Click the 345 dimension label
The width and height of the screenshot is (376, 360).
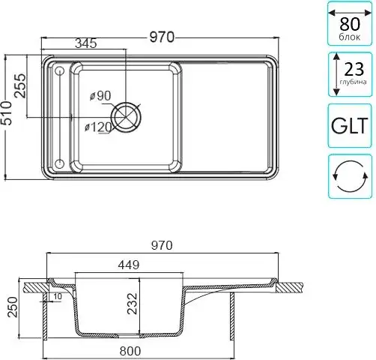(86, 43)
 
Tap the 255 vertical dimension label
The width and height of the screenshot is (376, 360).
(19, 85)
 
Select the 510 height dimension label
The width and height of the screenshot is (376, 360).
(6, 113)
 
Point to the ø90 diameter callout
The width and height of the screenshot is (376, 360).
(100, 95)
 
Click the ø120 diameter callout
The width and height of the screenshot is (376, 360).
(98, 127)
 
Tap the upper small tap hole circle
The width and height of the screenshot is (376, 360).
(59, 71)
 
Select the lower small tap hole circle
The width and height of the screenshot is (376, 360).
(59, 164)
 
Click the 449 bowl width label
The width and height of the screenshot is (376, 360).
(129, 265)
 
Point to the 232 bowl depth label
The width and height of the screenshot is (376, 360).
(133, 304)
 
